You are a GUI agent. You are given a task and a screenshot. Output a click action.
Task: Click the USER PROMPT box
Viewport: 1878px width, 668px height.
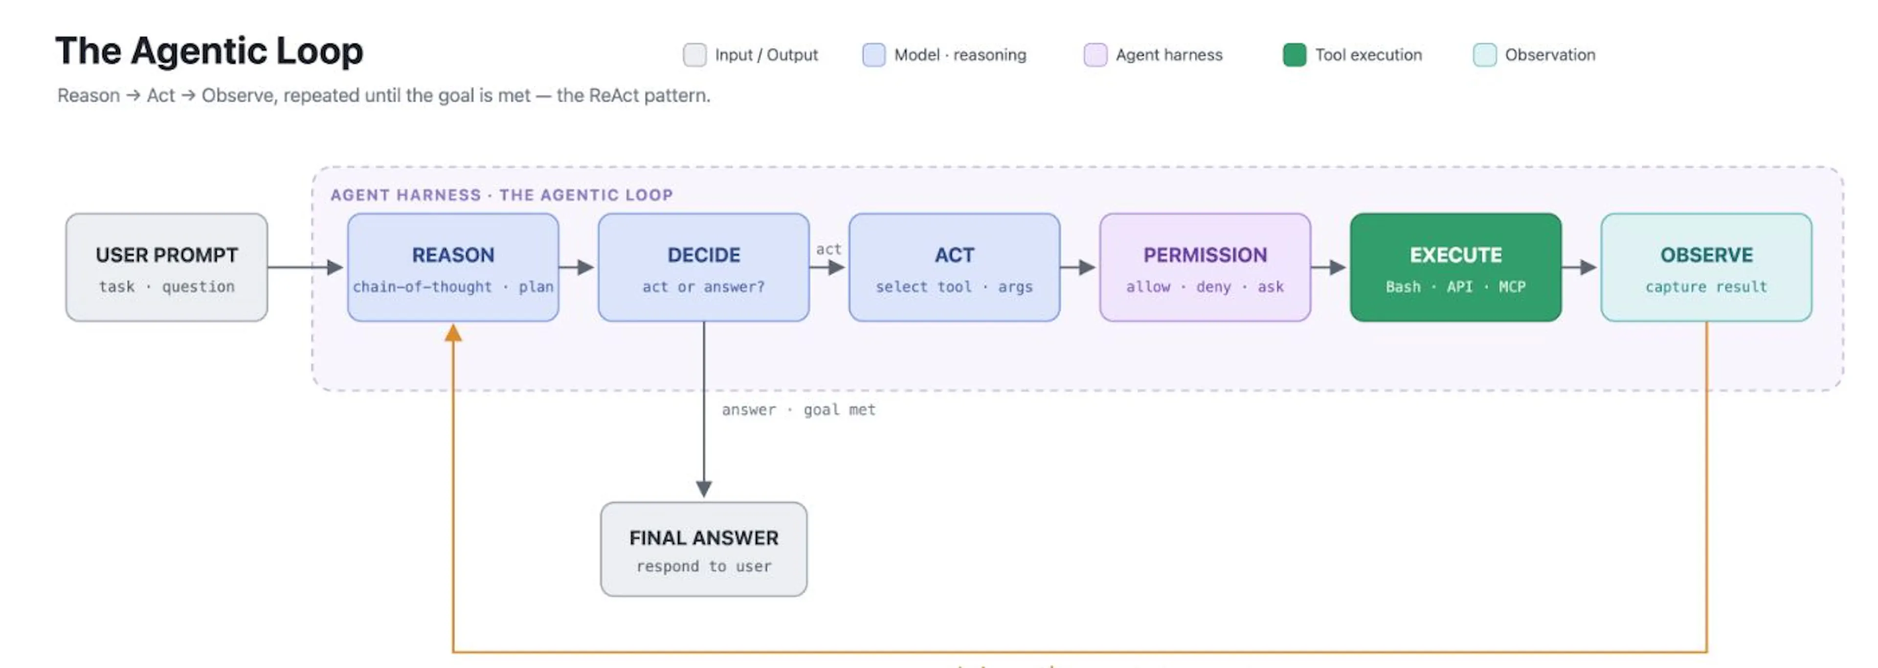click(x=166, y=267)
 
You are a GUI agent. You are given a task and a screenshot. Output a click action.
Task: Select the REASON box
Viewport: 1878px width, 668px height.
click(x=453, y=267)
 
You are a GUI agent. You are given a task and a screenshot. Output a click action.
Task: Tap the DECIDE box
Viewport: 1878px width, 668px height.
click(x=704, y=267)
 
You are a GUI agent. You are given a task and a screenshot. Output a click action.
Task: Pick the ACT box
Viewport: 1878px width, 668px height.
click(x=954, y=267)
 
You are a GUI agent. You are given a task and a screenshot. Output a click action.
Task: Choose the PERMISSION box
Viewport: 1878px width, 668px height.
click(x=1205, y=267)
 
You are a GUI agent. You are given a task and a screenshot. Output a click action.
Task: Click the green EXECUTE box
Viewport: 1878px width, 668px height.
click(x=1456, y=267)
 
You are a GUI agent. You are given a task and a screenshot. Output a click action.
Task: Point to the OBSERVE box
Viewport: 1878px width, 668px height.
click(x=1707, y=267)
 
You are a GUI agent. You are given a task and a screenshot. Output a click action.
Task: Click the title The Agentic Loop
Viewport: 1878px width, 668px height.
click(x=209, y=51)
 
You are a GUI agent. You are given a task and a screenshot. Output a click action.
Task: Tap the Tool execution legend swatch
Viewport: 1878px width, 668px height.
click(x=1295, y=55)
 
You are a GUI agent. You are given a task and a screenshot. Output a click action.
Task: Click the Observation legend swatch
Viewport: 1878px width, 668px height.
click(x=1485, y=55)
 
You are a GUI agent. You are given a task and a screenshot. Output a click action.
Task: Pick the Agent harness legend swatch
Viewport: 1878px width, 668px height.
click(x=1095, y=55)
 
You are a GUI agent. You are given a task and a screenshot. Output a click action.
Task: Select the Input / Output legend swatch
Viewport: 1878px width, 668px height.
click(x=695, y=55)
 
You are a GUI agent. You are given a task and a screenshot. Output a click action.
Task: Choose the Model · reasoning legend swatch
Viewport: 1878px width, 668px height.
click(x=874, y=55)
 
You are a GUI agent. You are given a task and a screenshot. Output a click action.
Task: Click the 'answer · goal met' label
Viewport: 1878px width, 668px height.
click(x=798, y=410)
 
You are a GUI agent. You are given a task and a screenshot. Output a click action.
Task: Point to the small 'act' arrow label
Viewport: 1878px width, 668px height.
click(x=828, y=249)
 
